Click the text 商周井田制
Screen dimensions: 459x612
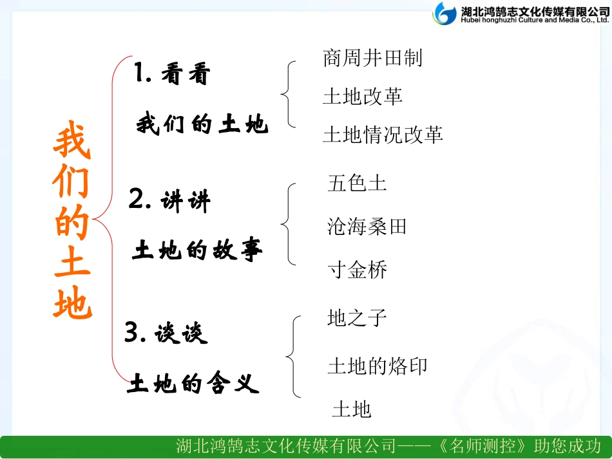pyautogui.click(x=372, y=59)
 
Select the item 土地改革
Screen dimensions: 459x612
pyautogui.click(x=362, y=97)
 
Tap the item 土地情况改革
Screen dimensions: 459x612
pyautogui.click(x=383, y=135)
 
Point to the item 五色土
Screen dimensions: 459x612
pyautogui.click(x=357, y=183)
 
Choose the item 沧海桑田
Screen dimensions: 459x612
pyautogui.click(x=367, y=227)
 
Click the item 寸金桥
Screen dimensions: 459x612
pyautogui.click(x=357, y=270)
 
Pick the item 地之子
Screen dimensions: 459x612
pyautogui.click(x=357, y=317)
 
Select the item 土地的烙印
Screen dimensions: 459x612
pyautogui.click(x=377, y=366)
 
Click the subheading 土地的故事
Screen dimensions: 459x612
pyautogui.click(x=197, y=250)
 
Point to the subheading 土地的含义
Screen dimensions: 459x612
pyautogui.click(x=193, y=384)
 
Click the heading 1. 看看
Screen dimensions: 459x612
pyautogui.click(x=173, y=75)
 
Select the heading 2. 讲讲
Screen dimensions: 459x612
pyautogui.click(x=169, y=201)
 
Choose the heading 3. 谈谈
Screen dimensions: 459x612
pyautogui.click(x=166, y=333)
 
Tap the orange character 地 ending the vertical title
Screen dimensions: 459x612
pyautogui.click(x=72, y=303)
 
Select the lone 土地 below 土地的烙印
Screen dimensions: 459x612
pyautogui.click(x=352, y=409)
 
